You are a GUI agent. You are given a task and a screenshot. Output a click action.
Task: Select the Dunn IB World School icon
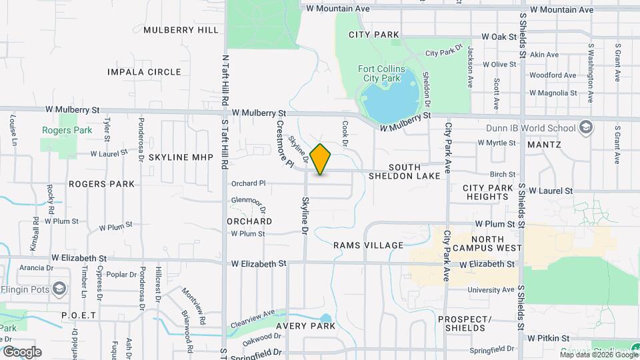pyautogui.click(x=585, y=128)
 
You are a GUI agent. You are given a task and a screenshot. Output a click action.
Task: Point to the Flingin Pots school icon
pyautogui.click(x=60, y=289)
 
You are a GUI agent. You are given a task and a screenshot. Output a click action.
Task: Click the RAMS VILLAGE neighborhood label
pyautogui.click(x=369, y=245)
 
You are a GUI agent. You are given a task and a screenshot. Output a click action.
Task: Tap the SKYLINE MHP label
pyautogui.click(x=181, y=157)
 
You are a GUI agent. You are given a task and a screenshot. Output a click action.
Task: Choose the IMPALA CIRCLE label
pyautogui.click(x=145, y=72)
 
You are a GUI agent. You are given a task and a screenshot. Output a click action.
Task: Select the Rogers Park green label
pyautogui.click(x=67, y=131)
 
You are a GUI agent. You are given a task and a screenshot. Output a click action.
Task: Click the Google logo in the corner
pyautogui.click(x=22, y=352)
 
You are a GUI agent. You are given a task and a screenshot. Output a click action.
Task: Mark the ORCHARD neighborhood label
pyautogui.click(x=249, y=221)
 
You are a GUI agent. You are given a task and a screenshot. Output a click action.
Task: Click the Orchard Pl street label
pyautogui.click(x=248, y=183)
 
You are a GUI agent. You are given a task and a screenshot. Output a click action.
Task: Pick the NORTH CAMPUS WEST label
pyautogui.click(x=496, y=243)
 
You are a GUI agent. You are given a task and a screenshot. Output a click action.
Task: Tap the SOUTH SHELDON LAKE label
pyautogui.click(x=405, y=171)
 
